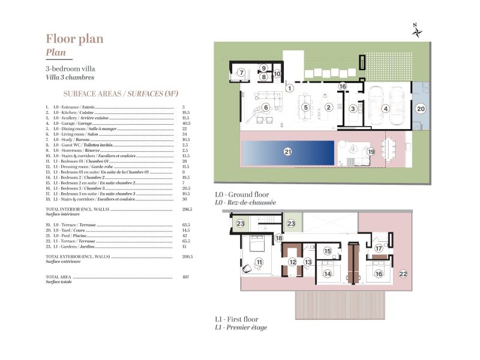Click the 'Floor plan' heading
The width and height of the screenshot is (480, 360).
(74, 38)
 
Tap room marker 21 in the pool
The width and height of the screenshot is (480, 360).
(287, 152)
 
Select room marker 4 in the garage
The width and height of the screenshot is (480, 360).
(386, 108)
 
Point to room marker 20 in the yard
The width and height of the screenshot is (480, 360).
(421, 109)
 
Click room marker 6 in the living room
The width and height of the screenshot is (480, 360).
(265, 107)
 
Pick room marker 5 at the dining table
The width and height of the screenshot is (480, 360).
(305, 107)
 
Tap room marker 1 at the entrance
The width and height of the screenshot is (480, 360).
(289, 88)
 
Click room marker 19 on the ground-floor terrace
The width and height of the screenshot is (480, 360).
(371, 152)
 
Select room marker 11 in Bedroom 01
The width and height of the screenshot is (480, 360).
(259, 262)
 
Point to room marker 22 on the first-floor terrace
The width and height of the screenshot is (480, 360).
(403, 274)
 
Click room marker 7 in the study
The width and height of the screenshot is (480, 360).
(241, 73)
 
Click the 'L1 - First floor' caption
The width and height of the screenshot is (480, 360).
(236, 319)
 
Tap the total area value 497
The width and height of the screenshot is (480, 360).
(185, 277)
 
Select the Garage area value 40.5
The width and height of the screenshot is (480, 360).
(185, 123)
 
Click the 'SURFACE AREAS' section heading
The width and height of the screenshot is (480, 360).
(121, 94)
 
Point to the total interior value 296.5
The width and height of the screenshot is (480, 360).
(187, 209)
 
